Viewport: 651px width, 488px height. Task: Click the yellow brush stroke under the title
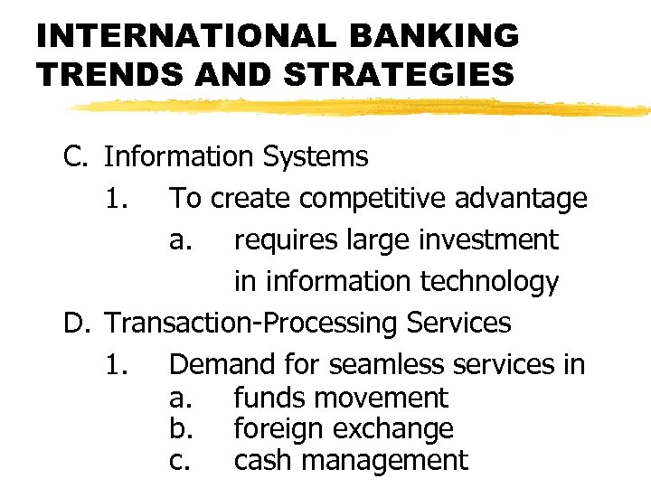click(x=362, y=108)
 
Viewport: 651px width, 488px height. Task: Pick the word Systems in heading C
click(x=316, y=156)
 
